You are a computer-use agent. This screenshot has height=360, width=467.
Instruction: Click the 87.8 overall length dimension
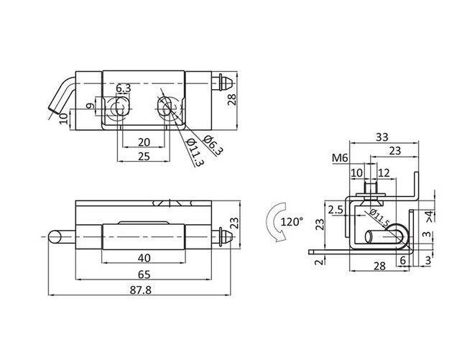[143, 289]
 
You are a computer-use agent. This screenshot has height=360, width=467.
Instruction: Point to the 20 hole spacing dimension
[144, 142]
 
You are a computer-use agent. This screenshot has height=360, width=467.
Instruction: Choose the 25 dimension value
[144, 156]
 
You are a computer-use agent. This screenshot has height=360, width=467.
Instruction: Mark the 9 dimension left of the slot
[90, 108]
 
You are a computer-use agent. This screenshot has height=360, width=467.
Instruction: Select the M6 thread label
[340, 159]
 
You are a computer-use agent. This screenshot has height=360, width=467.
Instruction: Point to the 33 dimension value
[382, 136]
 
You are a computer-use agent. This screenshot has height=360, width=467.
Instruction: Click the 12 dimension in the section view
[383, 173]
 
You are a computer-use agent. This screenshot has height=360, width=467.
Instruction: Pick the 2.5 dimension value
[334, 211]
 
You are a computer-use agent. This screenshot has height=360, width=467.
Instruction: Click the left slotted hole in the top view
[116, 108]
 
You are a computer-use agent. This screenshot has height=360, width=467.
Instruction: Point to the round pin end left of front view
[55, 236]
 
